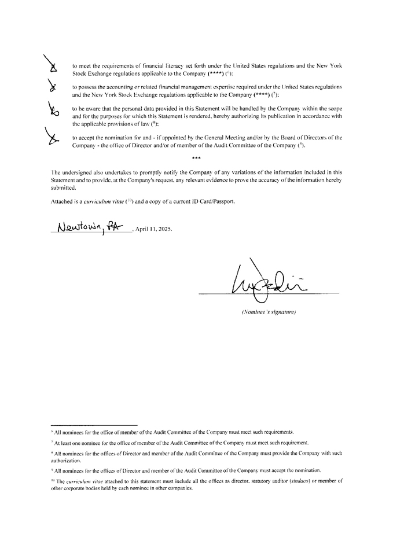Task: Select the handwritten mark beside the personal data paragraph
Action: coord(53,109)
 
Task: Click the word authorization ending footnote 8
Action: coord(68,461)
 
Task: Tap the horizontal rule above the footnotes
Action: coord(94,424)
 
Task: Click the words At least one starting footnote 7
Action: coord(66,442)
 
